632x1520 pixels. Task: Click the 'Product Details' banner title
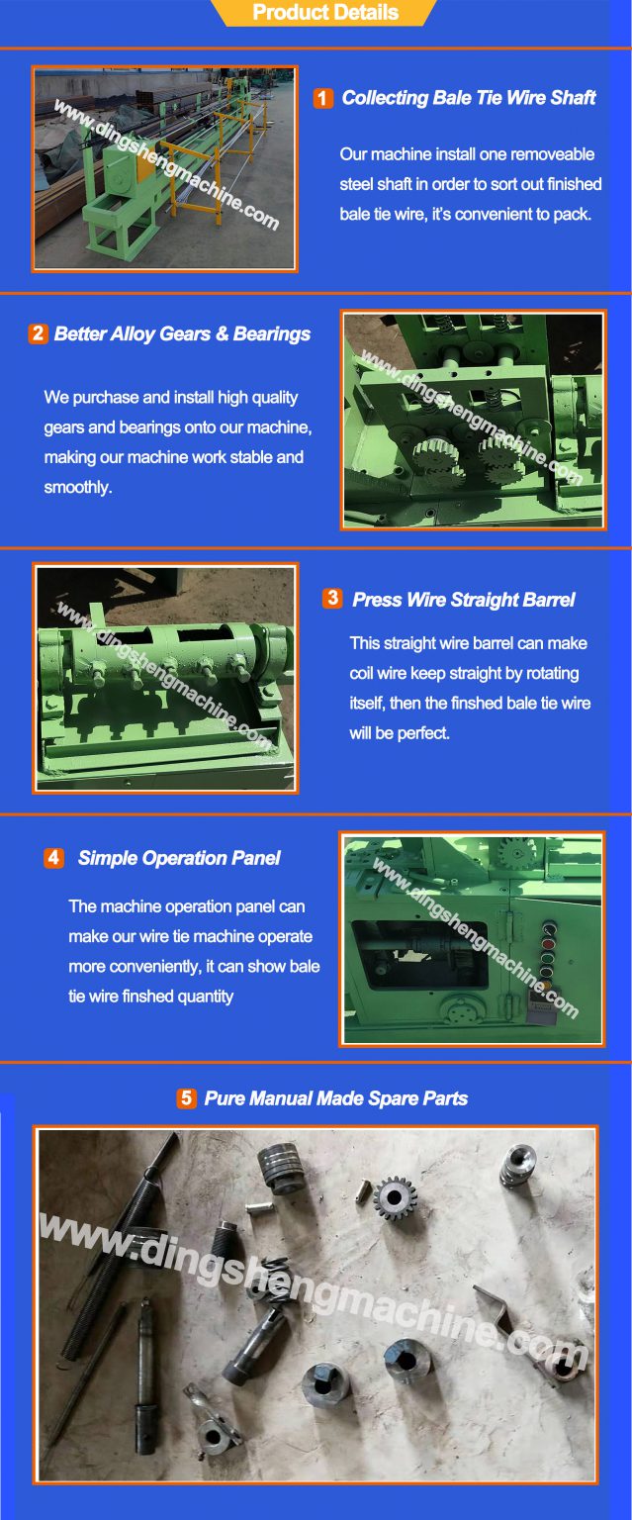coord(325,13)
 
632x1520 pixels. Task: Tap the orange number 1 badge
coord(322,98)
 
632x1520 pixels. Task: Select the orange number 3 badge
coord(332,599)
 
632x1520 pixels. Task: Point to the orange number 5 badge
coord(186,1098)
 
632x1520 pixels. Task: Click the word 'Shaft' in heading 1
coord(573,98)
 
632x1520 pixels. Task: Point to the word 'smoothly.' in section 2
coord(78,488)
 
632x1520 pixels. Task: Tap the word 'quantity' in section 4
coord(205,997)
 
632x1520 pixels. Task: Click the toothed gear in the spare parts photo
coord(396,1196)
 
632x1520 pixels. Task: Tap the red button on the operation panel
coord(549,944)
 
